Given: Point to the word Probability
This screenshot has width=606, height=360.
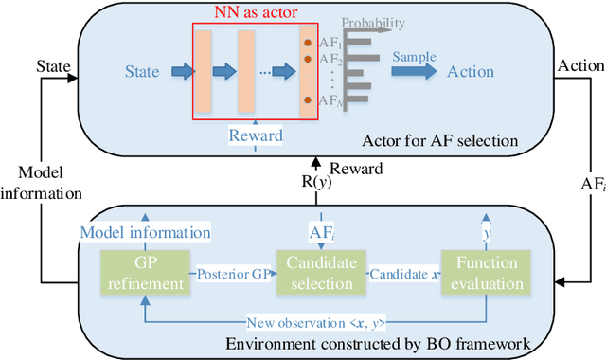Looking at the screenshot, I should [373, 21].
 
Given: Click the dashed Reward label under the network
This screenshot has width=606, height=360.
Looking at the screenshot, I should [256, 135].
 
